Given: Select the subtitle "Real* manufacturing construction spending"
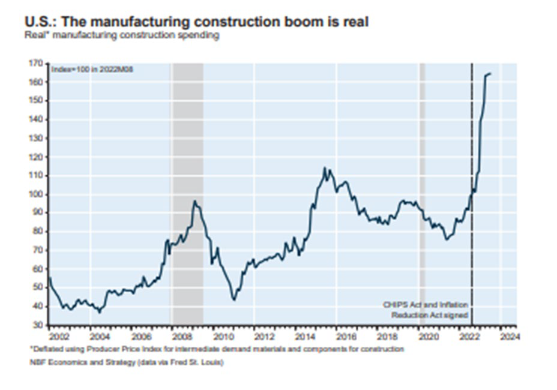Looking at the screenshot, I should click(x=122, y=35).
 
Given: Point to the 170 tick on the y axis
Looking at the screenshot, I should click(x=37, y=62).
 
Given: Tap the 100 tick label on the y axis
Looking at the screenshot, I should click(x=37, y=194).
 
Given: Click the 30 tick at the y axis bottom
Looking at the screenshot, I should click(x=39, y=325).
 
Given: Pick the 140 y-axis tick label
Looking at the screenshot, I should click(x=37, y=119).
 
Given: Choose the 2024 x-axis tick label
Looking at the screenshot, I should click(x=507, y=336).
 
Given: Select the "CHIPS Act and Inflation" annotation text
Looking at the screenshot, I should click(x=426, y=305).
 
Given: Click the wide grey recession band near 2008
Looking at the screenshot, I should click(x=187, y=180).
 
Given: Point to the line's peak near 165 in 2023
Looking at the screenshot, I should click(x=489, y=74).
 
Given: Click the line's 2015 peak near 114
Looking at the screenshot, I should click(x=325, y=168).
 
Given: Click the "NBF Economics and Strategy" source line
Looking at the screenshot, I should click(x=124, y=362).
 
